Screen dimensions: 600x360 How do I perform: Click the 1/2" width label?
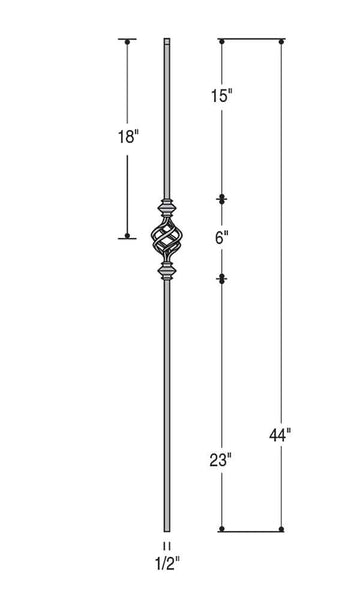tap(167, 562)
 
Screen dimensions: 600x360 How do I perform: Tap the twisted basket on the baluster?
tap(166, 237)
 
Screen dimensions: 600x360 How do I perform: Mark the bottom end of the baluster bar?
tap(166, 528)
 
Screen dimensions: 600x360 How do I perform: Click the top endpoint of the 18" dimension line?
tap(127, 40)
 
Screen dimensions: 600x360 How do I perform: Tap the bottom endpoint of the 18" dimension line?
tap(127, 237)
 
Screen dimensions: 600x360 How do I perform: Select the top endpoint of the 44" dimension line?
tap(282, 40)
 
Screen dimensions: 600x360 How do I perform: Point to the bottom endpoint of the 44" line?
tap(282, 529)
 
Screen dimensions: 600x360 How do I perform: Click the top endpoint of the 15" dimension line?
tap(221, 40)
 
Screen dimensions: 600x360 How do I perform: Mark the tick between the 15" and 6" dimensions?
tap(221, 198)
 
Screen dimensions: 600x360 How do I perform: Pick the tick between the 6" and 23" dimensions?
tap(221, 277)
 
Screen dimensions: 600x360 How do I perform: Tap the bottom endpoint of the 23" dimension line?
tap(221, 529)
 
